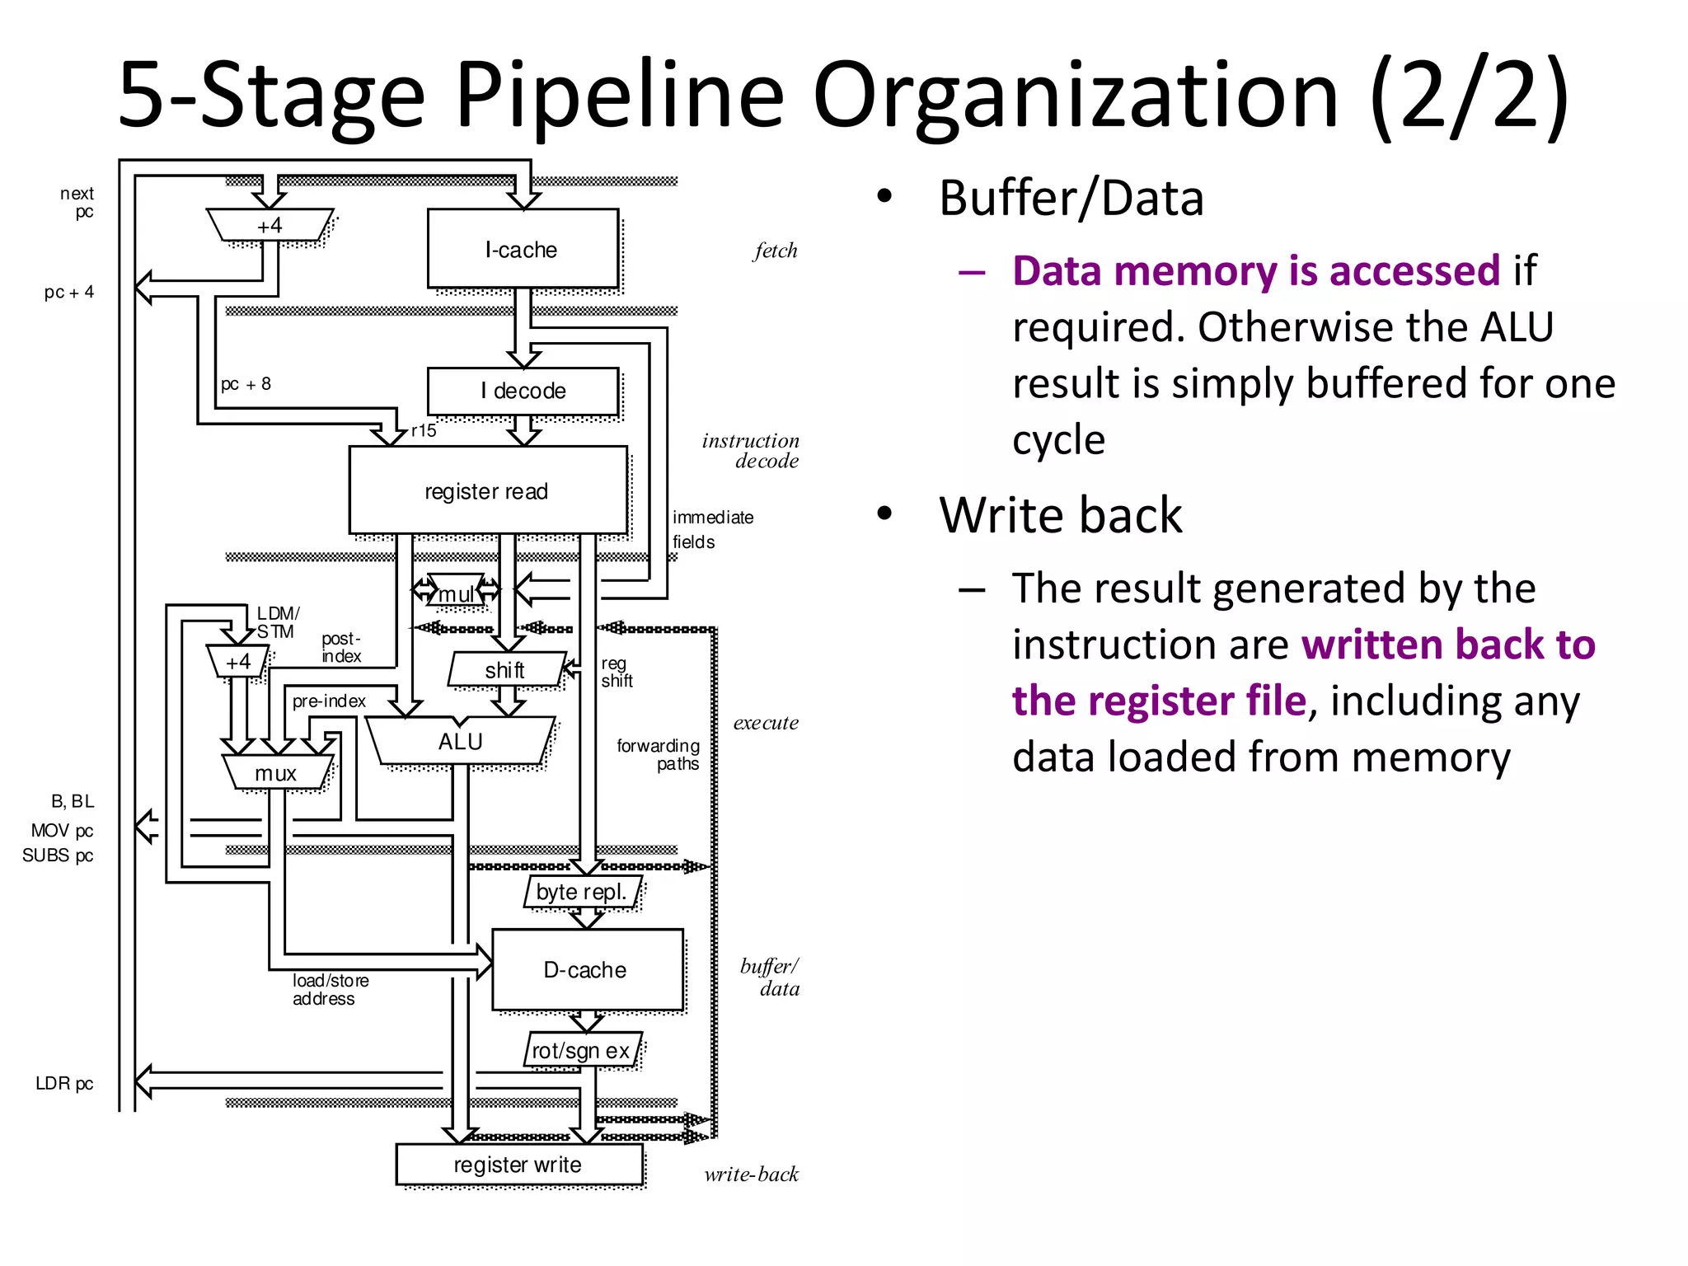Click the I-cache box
click(x=522, y=249)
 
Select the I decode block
click(x=523, y=391)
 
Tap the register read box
click(x=487, y=491)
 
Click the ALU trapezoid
click(x=460, y=741)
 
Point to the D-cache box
click(x=586, y=969)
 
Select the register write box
click(x=518, y=1164)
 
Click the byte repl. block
click(x=582, y=892)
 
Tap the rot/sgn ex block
click(x=582, y=1051)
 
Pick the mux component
click(x=276, y=773)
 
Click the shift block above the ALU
click(x=505, y=670)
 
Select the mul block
click(x=456, y=593)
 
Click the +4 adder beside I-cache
click(x=270, y=225)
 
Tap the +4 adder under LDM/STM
click(x=238, y=661)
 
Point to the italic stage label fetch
click(x=775, y=251)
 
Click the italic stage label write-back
click(x=751, y=1174)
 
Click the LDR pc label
click(x=64, y=1083)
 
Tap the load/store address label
click(x=331, y=989)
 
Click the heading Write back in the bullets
click(x=1060, y=515)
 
